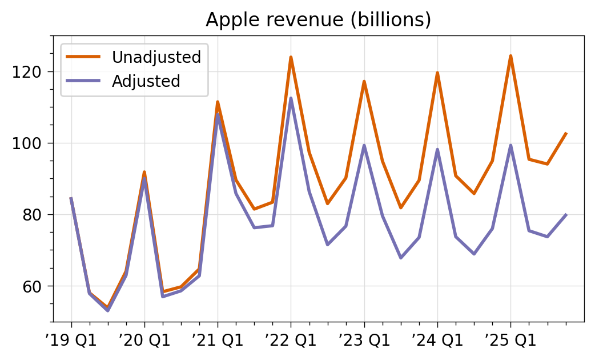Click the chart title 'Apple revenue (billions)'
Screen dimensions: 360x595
pyautogui.click(x=318, y=20)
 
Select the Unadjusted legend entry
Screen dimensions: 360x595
pyautogui.click(x=156, y=57)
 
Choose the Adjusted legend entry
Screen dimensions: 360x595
pyautogui.click(x=146, y=81)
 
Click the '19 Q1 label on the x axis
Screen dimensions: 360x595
pyautogui.click(x=71, y=341)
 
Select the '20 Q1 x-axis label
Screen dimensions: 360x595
pyautogui.click(x=144, y=341)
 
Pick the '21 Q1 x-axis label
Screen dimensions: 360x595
pyautogui.click(x=218, y=341)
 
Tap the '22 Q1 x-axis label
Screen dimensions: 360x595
pyautogui.click(x=291, y=341)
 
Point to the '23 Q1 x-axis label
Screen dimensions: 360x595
pyautogui.click(x=364, y=341)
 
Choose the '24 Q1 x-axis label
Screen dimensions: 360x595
pyautogui.click(x=437, y=341)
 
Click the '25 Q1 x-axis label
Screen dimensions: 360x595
pyautogui.click(x=510, y=341)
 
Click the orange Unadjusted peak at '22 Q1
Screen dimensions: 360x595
pyautogui.click(x=291, y=57)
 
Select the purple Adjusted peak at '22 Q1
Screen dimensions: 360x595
pyautogui.click(x=291, y=98)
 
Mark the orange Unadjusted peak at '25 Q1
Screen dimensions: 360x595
pyautogui.click(x=510, y=56)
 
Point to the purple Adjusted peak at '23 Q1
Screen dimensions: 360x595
pyautogui.click(x=364, y=145)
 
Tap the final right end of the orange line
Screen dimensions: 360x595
pyautogui.click(x=566, y=133)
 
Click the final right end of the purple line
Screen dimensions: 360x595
pyautogui.click(x=566, y=214)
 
